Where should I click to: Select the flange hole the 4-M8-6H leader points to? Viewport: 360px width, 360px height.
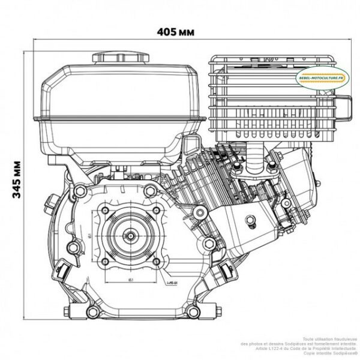[155, 261]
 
